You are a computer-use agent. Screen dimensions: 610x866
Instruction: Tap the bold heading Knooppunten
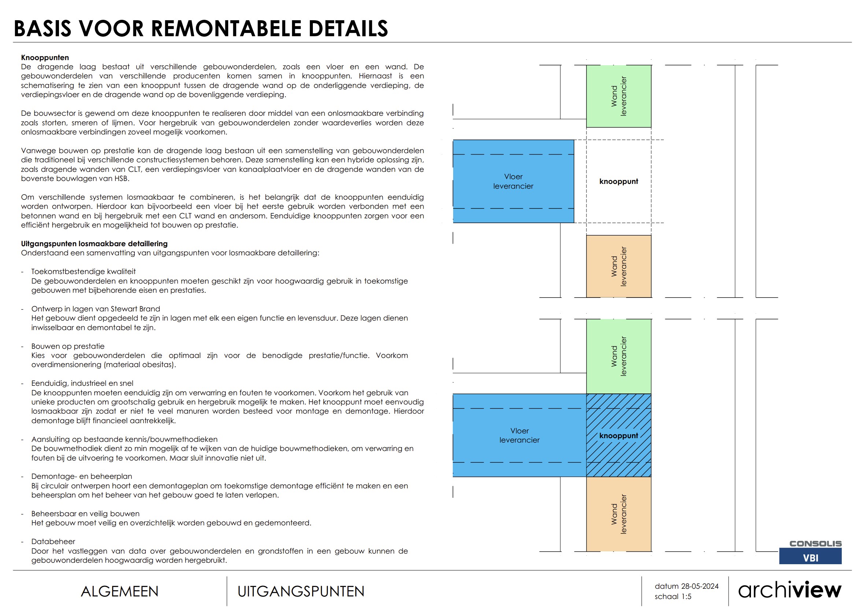pyautogui.click(x=45, y=58)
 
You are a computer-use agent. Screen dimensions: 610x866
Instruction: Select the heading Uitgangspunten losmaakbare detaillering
pyautogui.click(x=94, y=244)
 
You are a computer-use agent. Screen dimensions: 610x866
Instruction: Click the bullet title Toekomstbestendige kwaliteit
pyautogui.click(x=83, y=271)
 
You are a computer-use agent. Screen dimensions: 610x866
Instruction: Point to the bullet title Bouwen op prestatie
pyautogui.click(x=67, y=346)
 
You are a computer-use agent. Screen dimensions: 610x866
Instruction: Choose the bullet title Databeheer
pyautogui.click(x=53, y=542)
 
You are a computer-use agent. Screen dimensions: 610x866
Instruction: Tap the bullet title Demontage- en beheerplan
pyautogui.click(x=81, y=476)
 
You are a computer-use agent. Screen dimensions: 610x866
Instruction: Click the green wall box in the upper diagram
pyautogui.click(x=618, y=96)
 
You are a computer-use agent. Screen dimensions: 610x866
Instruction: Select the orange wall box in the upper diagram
pyautogui.click(x=618, y=266)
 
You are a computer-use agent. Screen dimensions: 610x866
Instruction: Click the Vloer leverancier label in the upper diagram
pyautogui.click(x=513, y=181)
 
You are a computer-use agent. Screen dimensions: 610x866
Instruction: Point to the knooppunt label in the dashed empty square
pyautogui.click(x=619, y=181)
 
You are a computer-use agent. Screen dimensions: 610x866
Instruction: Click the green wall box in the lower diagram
pyautogui.click(x=618, y=356)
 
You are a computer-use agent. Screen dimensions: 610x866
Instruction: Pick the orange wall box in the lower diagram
pyautogui.click(x=618, y=514)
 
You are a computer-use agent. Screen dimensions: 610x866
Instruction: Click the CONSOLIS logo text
pyautogui.click(x=815, y=544)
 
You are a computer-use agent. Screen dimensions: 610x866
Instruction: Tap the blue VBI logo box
pyautogui.click(x=810, y=557)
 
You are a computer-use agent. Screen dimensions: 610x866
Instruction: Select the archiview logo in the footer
pyautogui.click(x=789, y=590)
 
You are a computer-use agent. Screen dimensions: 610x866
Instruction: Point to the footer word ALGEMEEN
pyautogui.click(x=119, y=592)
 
